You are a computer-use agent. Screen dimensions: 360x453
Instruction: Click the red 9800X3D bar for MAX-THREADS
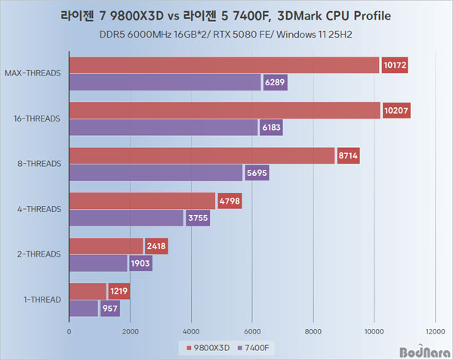(223, 65)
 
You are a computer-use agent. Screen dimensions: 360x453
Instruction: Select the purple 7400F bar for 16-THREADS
(163, 128)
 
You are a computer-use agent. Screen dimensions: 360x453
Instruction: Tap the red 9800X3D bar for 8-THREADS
(202, 155)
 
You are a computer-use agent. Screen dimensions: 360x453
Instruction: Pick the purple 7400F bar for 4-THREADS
(126, 218)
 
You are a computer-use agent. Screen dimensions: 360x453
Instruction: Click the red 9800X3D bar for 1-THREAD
(88, 291)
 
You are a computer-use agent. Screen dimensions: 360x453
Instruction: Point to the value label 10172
(396, 66)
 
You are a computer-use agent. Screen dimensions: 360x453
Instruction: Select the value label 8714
(348, 156)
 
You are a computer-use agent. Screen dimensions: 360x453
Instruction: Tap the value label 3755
(198, 218)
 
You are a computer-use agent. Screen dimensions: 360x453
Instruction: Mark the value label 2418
(156, 246)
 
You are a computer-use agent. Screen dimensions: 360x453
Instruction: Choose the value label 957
(110, 309)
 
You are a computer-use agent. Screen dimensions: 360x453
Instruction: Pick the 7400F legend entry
(254, 346)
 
